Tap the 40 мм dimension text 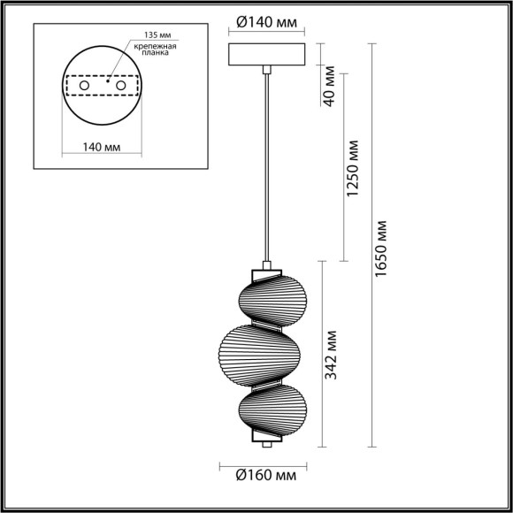click(x=329, y=84)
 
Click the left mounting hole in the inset click(x=85, y=86)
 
